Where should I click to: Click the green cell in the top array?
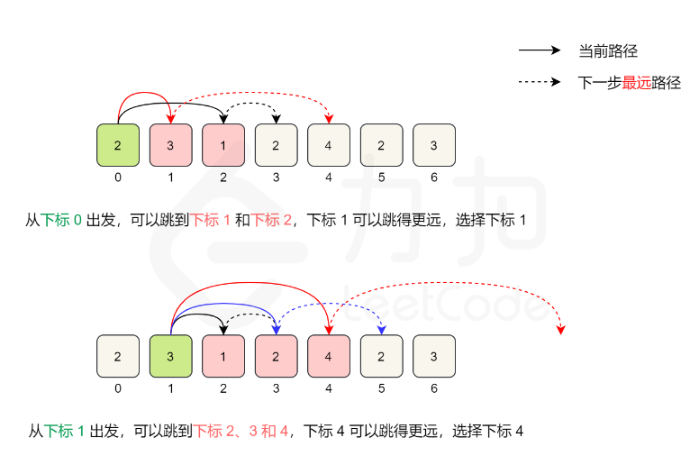coord(118,145)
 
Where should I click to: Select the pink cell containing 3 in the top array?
coord(170,145)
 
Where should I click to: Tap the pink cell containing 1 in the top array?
coord(223,145)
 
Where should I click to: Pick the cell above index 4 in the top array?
coord(329,145)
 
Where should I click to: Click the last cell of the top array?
coord(434,145)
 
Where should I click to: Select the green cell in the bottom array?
coord(170,355)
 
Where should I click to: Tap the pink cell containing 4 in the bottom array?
coord(329,355)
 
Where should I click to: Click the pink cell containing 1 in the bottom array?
coord(223,355)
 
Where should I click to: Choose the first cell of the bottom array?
coord(118,355)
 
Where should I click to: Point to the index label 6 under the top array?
coord(434,177)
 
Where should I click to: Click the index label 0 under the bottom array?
coord(118,388)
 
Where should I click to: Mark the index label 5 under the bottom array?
coord(382,388)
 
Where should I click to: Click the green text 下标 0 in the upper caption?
coord(61,219)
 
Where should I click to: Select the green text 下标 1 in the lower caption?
coord(65,431)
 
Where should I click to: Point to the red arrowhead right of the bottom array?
coord(560,329)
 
